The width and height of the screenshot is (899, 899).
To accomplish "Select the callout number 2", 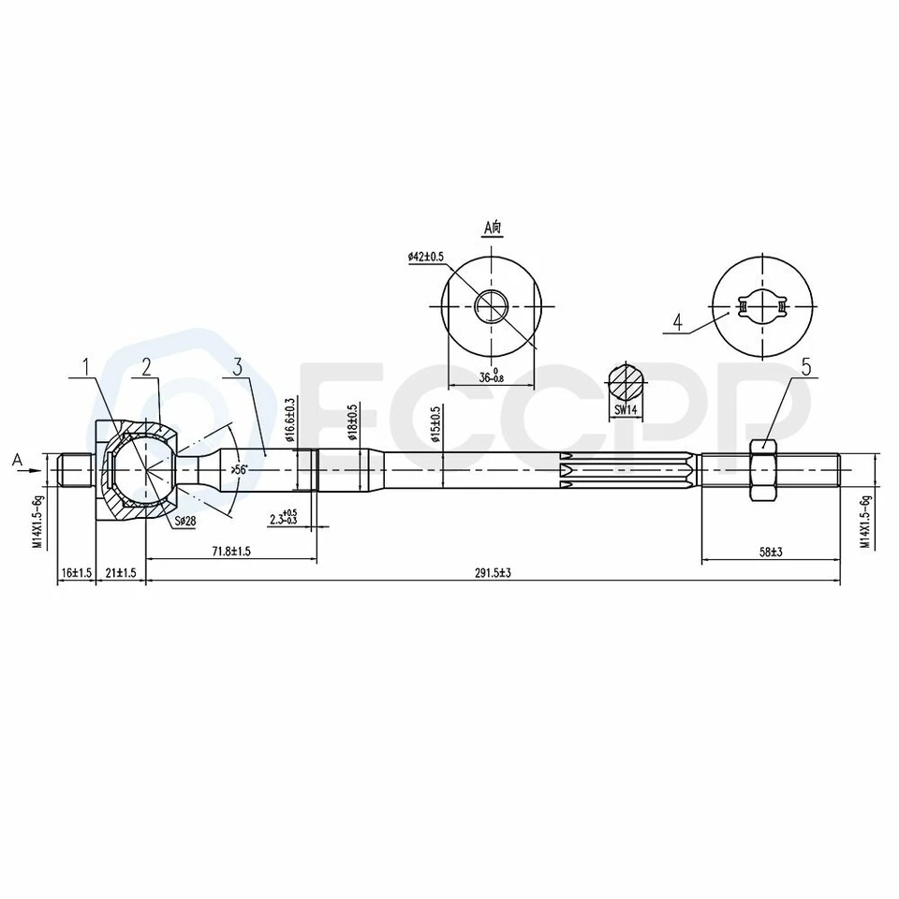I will pyautogui.click(x=146, y=367).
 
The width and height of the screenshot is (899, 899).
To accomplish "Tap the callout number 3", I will pyautogui.click(x=238, y=367).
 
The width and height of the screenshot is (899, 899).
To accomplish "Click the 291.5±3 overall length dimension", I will pyautogui.click(x=493, y=573).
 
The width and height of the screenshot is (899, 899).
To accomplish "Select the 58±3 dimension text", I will pyautogui.click(x=771, y=553).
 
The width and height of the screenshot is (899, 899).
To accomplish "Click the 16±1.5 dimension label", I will pyautogui.click(x=75, y=573).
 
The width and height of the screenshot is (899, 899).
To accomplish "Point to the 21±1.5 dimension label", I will pyautogui.click(x=120, y=573).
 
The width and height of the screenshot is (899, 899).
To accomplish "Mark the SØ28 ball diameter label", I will pyautogui.click(x=184, y=521).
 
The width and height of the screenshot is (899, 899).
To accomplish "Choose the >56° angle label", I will pyautogui.click(x=239, y=470).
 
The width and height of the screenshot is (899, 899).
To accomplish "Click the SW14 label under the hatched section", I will pyautogui.click(x=626, y=410).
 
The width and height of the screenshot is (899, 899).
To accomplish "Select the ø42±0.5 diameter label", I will pyautogui.click(x=426, y=257).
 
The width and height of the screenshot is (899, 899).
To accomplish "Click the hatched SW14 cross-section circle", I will pyautogui.click(x=626, y=382).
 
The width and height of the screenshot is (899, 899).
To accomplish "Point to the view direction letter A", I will pyautogui.click(x=16, y=459).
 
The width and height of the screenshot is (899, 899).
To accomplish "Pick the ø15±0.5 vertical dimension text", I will pyautogui.click(x=436, y=424).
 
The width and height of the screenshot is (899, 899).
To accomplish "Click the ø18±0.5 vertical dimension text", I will pyautogui.click(x=353, y=424).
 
